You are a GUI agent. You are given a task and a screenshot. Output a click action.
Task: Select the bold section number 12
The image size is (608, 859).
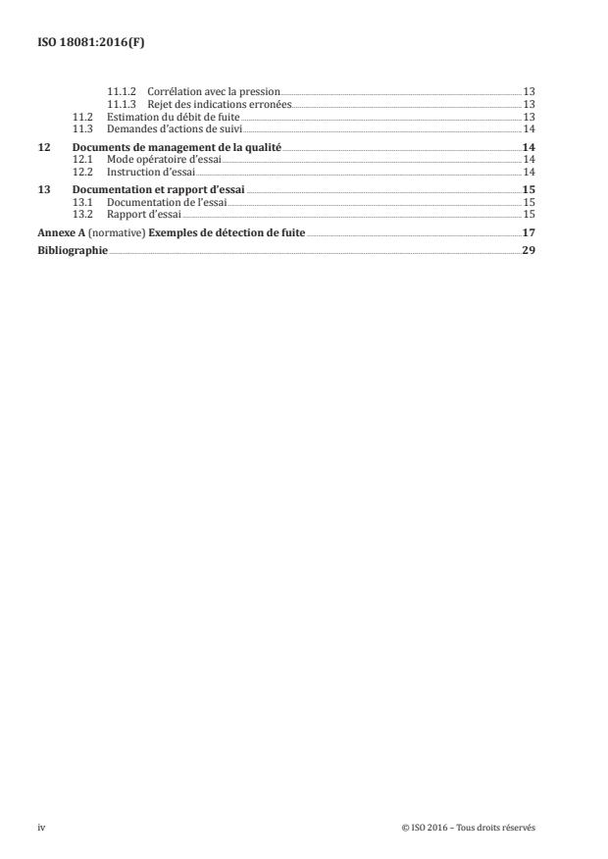click(43, 147)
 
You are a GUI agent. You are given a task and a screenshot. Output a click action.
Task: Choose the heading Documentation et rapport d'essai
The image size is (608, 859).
click(159, 190)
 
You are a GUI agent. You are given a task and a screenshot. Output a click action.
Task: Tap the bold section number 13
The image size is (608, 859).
click(43, 190)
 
